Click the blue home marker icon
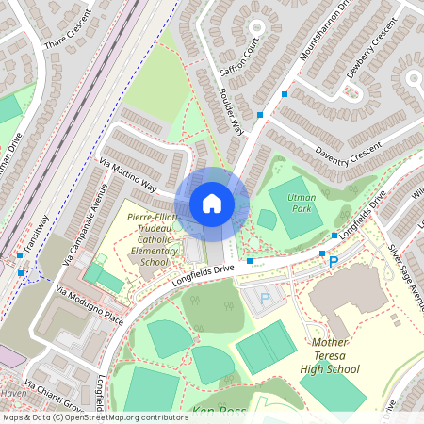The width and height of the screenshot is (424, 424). (212, 204)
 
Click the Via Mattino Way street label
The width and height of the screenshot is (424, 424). (127, 175)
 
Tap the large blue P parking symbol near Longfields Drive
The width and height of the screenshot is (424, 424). (332, 259)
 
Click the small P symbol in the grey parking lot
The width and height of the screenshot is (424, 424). (265, 298)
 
